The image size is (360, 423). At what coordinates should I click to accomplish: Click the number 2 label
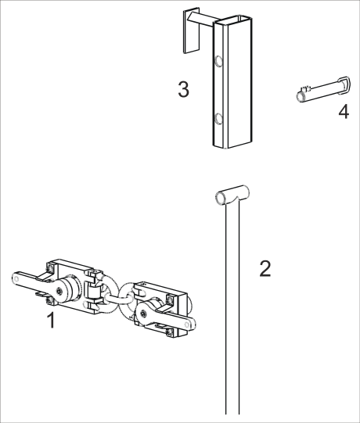click(x=265, y=269)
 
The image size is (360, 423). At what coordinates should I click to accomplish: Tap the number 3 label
click(x=183, y=89)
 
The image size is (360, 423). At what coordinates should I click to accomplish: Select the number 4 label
click(x=343, y=112)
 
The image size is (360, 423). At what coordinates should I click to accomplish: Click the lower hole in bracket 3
click(x=219, y=118)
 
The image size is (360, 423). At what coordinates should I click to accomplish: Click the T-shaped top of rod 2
click(x=230, y=195)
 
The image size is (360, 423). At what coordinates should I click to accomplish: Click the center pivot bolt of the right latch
click(x=145, y=314)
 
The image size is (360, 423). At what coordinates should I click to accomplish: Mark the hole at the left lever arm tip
click(x=16, y=275)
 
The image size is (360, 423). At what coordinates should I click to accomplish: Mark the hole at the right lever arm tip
click(x=185, y=323)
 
